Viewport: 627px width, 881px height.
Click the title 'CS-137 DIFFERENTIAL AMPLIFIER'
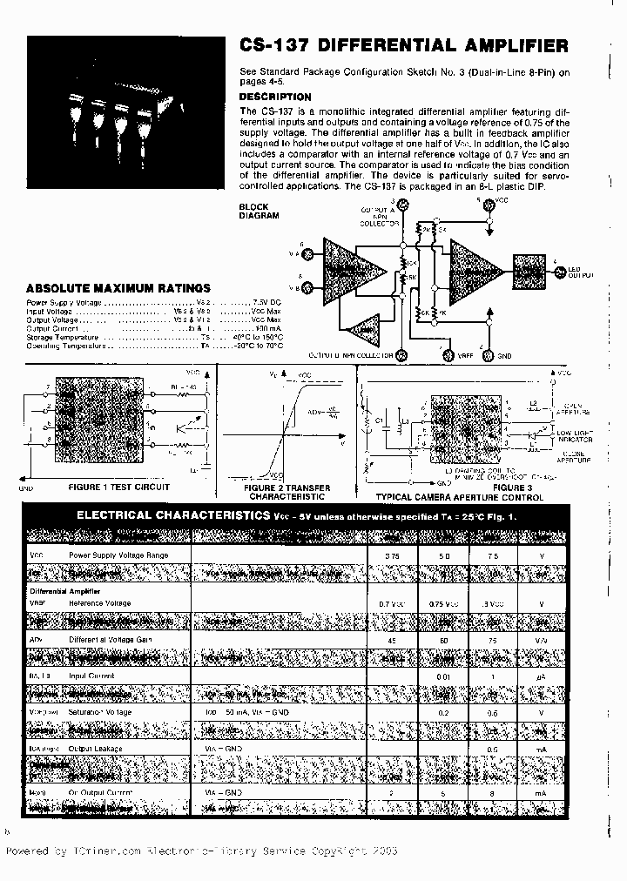(403, 46)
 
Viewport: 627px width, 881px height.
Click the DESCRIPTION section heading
(274, 98)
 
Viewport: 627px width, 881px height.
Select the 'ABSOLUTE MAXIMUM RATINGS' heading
(118, 288)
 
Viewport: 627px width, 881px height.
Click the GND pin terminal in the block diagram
(489, 356)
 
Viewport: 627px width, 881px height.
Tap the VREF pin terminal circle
(448, 356)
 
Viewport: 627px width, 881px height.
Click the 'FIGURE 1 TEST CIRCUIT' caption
(118, 488)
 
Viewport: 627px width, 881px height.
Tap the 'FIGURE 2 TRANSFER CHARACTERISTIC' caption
(287, 492)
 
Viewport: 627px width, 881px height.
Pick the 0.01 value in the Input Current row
(444, 676)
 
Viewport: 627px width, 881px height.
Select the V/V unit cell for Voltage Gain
(541, 640)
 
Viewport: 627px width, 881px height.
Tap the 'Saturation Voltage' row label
(101, 712)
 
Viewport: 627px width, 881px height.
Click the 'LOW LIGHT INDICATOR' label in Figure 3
(575, 435)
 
